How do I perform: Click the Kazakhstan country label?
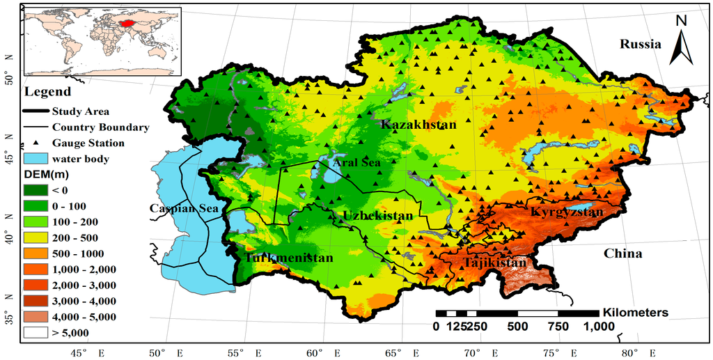[x=418, y=125]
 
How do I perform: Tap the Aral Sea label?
[x=356, y=162]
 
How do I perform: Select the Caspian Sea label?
[x=184, y=208]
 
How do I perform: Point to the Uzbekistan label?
[x=377, y=217]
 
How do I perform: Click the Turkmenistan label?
[x=289, y=258]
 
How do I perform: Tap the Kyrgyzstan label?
[x=566, y=211]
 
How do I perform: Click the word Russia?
[x=640, y=45]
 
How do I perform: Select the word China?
[x=622, y=253]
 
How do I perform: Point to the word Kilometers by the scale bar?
[x=636, y=313]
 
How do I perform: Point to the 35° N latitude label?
[x=9, y=318]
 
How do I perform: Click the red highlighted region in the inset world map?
[x=126, y=24]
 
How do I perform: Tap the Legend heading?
[x=47, y=92]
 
